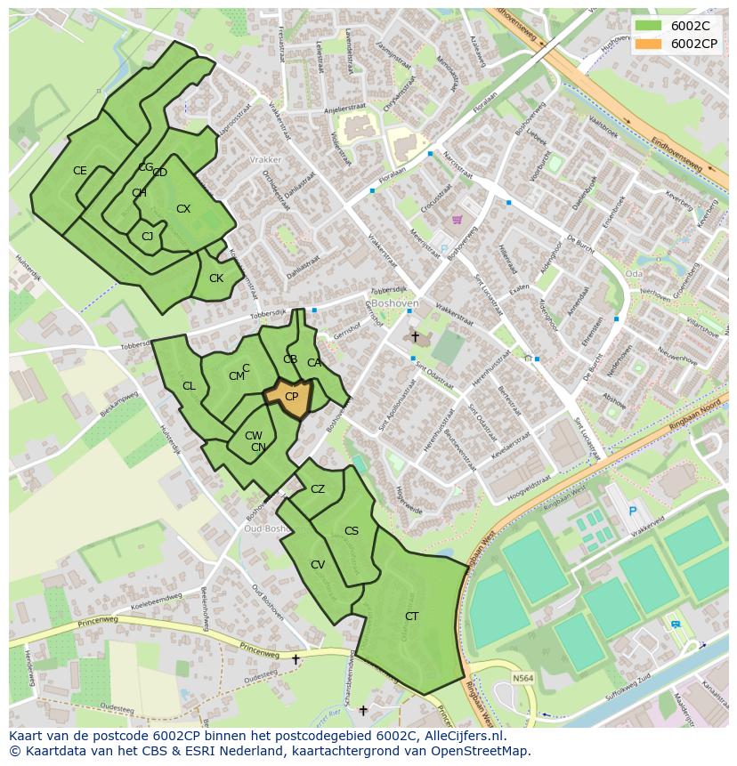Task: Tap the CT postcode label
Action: tap(411, 617)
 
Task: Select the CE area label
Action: tap(80, 171)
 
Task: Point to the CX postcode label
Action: tap(183, 209)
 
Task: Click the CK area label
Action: tap(216, 278)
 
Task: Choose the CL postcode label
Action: tap(189, 386)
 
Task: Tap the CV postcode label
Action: tap(318, 565)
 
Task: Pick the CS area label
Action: tap(352, 531)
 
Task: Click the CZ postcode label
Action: tap(318, 489)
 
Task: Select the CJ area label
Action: tap(148, 236)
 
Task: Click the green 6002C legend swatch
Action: tap(649, 26)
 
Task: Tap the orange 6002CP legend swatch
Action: tap(649, 43)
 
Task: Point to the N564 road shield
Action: tap(524, 679)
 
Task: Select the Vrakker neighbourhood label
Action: tap(266, 160)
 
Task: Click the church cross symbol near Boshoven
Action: tap(415, 336)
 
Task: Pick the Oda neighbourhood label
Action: tap(634, 273)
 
